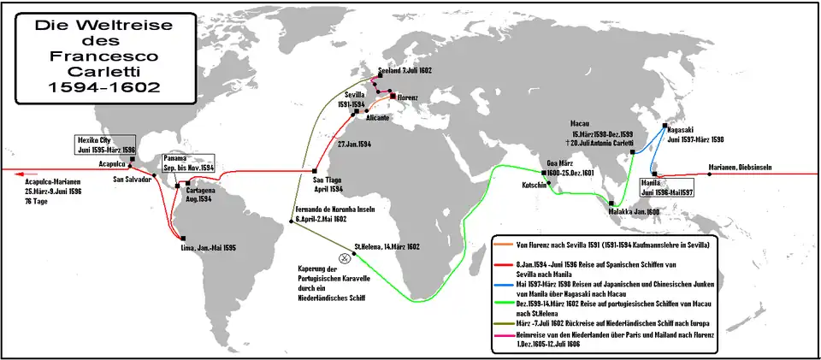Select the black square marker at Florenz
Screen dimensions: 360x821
(393, 97)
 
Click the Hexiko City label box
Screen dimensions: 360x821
(104, 143)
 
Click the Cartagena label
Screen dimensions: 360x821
(201, 194)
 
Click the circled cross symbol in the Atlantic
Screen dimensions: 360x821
(345, 257)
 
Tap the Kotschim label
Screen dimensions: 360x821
(535, 185)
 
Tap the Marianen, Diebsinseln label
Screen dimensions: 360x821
(740, 167)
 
